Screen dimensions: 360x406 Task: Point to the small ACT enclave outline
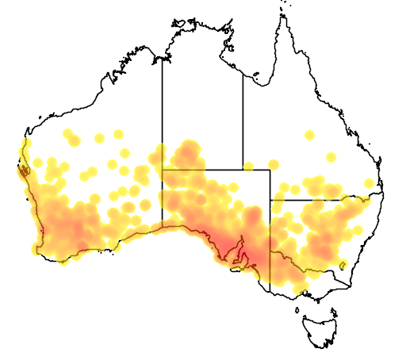pyautogui.click(x=343, y=264)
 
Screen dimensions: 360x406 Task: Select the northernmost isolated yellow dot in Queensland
pyautogui.click(x=309, y=134)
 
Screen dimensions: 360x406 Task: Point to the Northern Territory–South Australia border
pyautogui.click(x=202, y=169)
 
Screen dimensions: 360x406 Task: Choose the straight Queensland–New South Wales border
pyautogui.click(x=317, y=200)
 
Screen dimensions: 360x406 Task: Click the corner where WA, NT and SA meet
pyautogui.click(x=163, y=169)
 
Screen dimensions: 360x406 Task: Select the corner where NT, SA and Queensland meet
pyautogui.click(x=243, y=169)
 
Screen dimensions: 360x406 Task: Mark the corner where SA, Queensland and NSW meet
pyautogui.click(x=271, y=200)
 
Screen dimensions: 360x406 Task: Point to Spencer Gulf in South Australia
pyautogui.click(x=237, y=249)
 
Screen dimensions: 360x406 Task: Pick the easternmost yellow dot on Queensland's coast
pyautogui.click(x=369, y=185)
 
